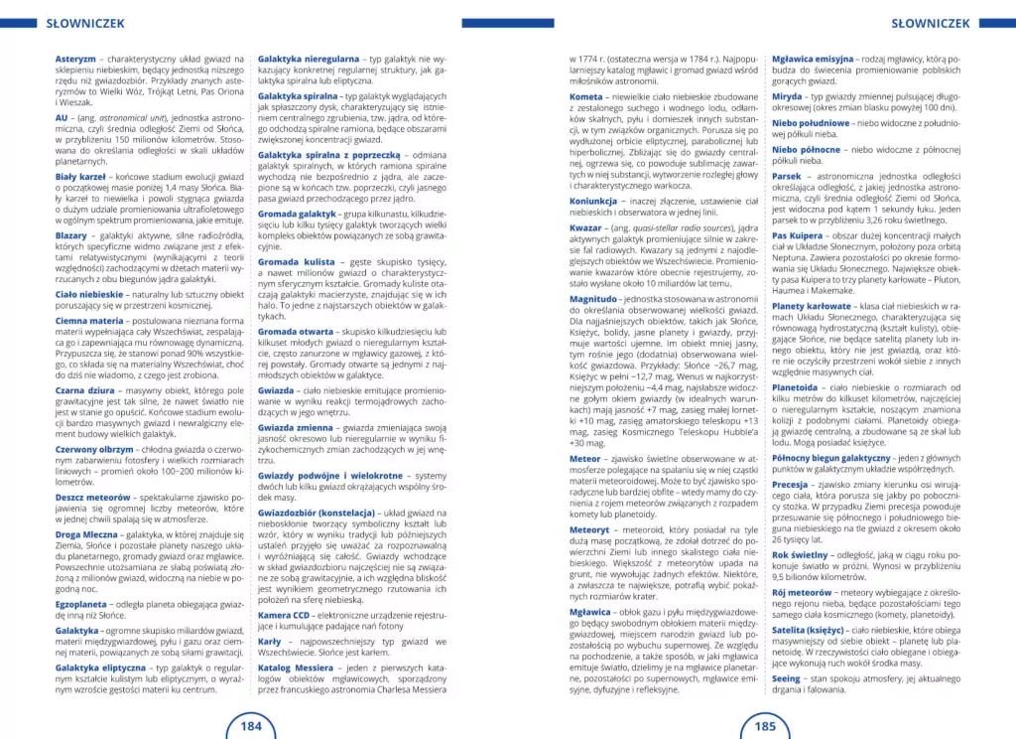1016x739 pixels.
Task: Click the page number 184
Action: click(x=252, y=725)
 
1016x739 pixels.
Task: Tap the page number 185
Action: click(x=765, y=725)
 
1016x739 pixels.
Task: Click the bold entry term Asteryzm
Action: click(x=75, y=60)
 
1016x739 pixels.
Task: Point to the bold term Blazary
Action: click(x=71, y=234)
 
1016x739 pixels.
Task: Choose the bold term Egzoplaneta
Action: click(x=82, y=602)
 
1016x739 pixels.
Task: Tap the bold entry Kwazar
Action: click(x=585, y=227)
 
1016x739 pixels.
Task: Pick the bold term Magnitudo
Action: click(x=593, y=298)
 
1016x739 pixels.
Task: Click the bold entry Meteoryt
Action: click(x=589, y=529)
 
